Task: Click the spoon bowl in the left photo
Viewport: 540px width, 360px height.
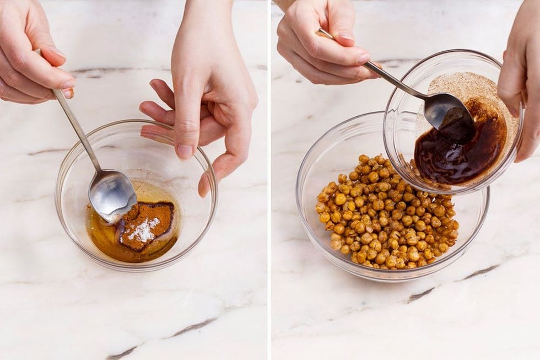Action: (112, 195)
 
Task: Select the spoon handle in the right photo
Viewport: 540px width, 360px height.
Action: (386, 74)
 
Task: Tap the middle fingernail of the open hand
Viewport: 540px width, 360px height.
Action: (185, 150)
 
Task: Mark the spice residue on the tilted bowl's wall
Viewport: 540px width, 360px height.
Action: (474, 88)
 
